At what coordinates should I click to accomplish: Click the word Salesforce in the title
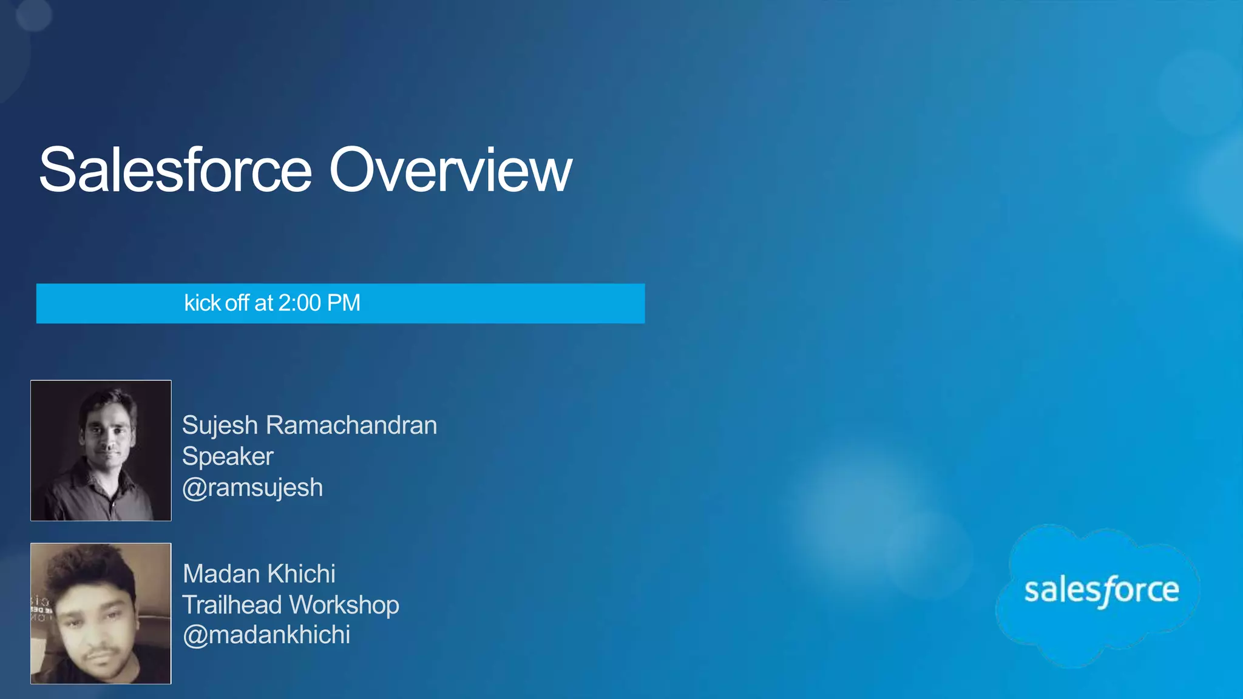tap(175, 171)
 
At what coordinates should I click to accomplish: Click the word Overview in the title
tap(450, 171)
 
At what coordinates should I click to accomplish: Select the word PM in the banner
tap(344, 303)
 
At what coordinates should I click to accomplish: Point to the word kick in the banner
tap(202, 303)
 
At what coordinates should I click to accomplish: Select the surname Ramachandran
tap(351, 425)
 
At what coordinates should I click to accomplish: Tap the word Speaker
tap(228, 456)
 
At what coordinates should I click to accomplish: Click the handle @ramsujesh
tap(252, 488)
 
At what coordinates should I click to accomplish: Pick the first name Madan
tap(220, 573)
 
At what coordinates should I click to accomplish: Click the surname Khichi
tap(301, 573)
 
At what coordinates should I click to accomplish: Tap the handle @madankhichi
tap(266, 635)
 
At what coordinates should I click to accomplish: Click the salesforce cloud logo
tap(1100, 592)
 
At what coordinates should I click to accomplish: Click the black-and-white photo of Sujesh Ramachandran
tap(101, 450)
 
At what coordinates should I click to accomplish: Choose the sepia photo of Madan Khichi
tap(101, 613)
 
